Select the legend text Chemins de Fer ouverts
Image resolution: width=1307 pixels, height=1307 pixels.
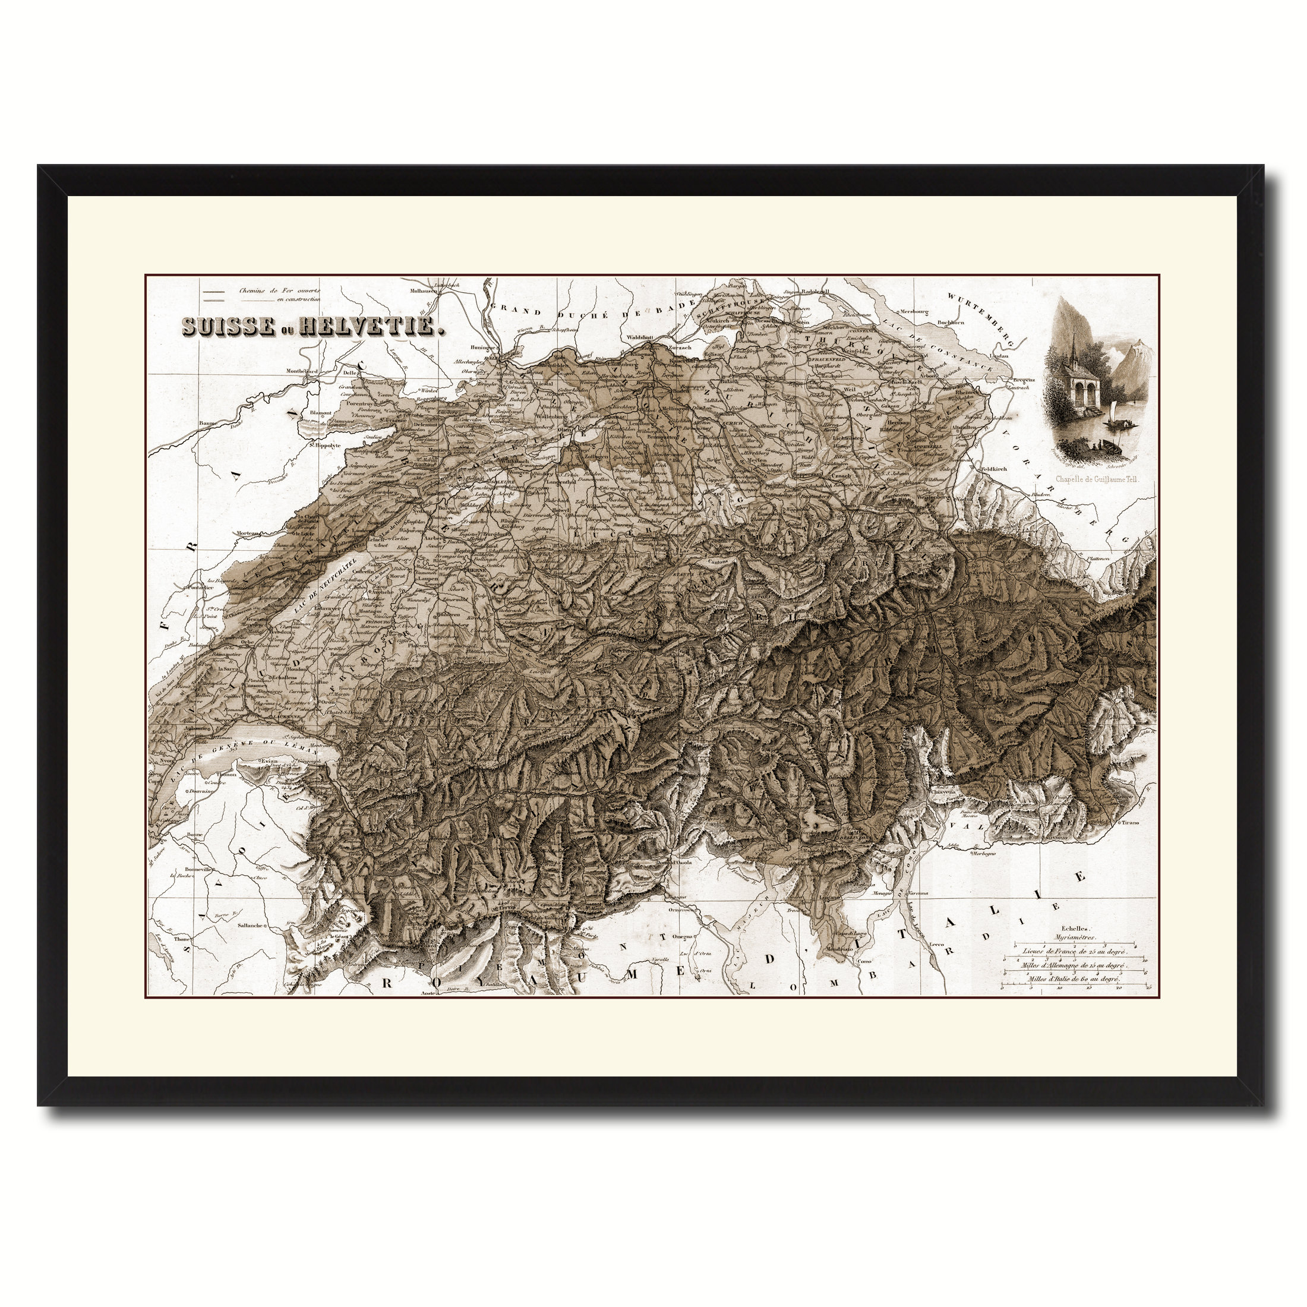coord(279,291)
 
